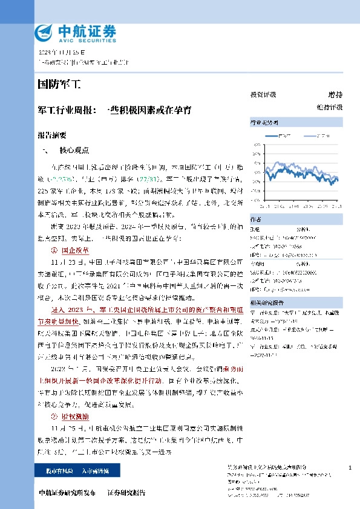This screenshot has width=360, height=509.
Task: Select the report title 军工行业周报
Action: (x=67, y=110)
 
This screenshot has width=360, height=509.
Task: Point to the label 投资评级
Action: (x=263, y=95)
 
